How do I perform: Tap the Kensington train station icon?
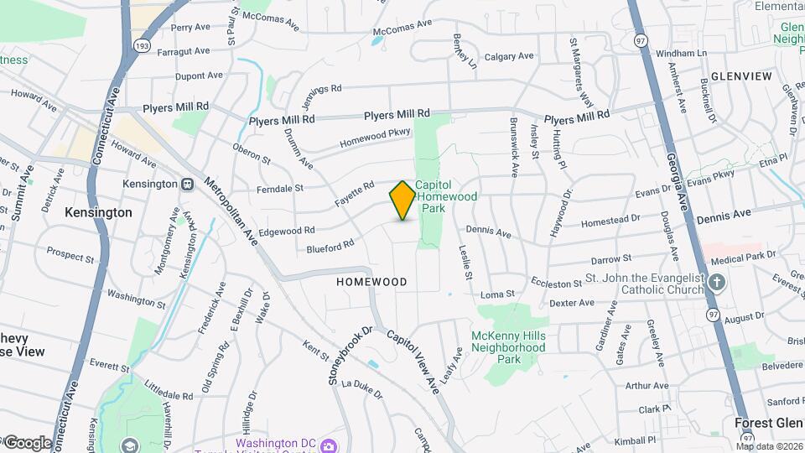click(189, 184)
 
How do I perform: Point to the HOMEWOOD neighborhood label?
click(371, 282)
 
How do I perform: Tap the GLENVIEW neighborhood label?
click(741, 76)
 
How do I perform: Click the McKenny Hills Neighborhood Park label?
click(508, 347)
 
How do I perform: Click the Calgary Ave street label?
click(509, 56)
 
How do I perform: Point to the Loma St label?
click(497, 294)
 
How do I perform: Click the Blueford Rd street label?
click(330, 247)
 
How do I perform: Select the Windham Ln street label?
click(681, 53)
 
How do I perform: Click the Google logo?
click(28, 442)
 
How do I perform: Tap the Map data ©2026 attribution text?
click(769, 446)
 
